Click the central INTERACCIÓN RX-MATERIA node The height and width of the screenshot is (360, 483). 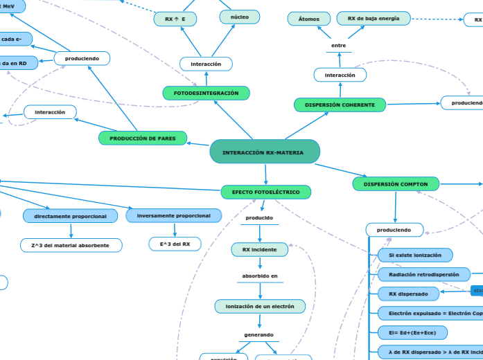[x=264, y=152]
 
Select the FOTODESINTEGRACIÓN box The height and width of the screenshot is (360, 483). [x=206, y=93]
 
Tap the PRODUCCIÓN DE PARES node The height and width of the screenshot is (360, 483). [x=143, y=138]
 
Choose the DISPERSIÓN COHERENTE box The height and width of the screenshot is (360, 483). [x=340, y=105]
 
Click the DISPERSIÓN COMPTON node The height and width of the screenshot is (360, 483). [x=396, y=184]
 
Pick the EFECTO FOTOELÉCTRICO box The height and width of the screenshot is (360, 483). [x=266, y=191]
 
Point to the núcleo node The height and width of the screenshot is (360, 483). [x=239, y=17]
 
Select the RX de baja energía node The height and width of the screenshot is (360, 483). [x=374, y=18]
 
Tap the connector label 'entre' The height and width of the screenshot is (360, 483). [x=338, y=45]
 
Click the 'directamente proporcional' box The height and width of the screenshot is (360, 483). [x=70, y=216]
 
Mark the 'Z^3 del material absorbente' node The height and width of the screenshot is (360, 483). [x=71, y=245]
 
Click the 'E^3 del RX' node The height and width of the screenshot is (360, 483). [x=175, y=244]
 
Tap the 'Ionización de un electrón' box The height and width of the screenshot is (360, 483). [x=259, y=306]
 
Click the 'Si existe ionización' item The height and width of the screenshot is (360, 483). [x=415, y=255]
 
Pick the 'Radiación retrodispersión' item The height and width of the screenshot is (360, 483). [x=423, y=275]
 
